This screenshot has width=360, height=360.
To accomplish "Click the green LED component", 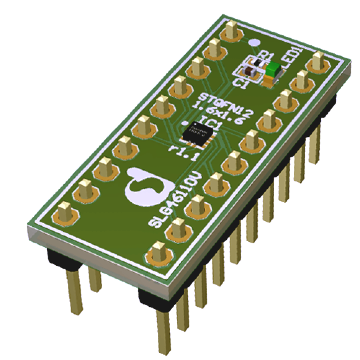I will click(272, 70).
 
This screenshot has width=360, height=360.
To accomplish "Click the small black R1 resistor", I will click(258, 62).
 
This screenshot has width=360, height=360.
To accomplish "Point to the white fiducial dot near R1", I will click(254, 42).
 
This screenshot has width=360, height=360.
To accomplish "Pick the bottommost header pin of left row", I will click(65, 211).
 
